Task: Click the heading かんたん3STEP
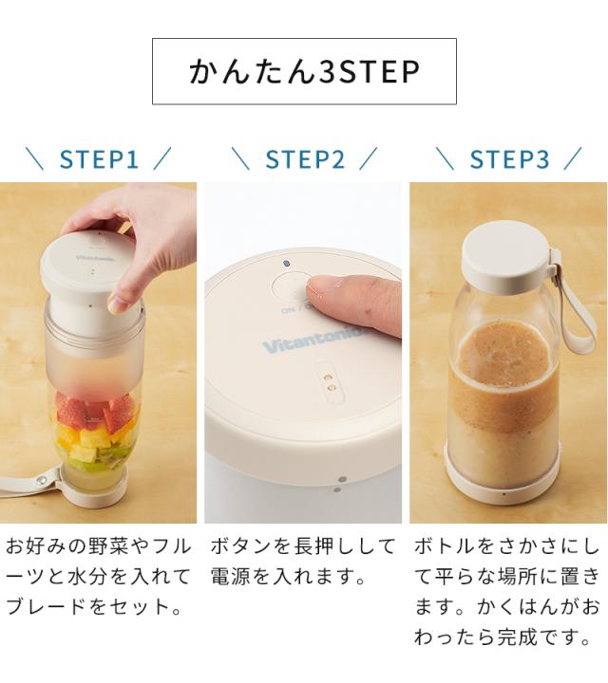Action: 304,71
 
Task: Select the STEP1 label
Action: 99,158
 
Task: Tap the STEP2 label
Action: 304,158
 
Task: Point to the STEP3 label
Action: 509,158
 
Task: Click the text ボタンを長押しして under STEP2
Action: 302,546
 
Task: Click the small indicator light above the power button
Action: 286,263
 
